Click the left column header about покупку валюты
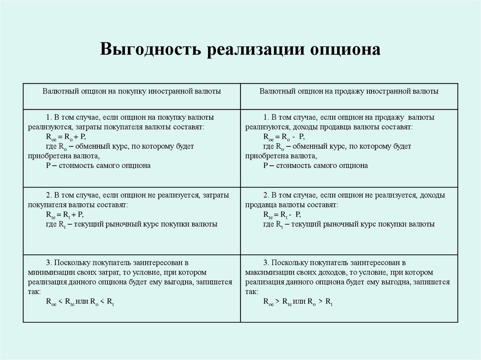tap(132, 91)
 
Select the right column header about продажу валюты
tap(349, 91)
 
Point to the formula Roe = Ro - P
tap(284, 137)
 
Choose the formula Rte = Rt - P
tap(282, 215)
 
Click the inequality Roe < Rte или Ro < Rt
tap(80, 303)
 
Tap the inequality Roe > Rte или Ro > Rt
tap(298, 303)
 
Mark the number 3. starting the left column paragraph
tap(49, 262)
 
